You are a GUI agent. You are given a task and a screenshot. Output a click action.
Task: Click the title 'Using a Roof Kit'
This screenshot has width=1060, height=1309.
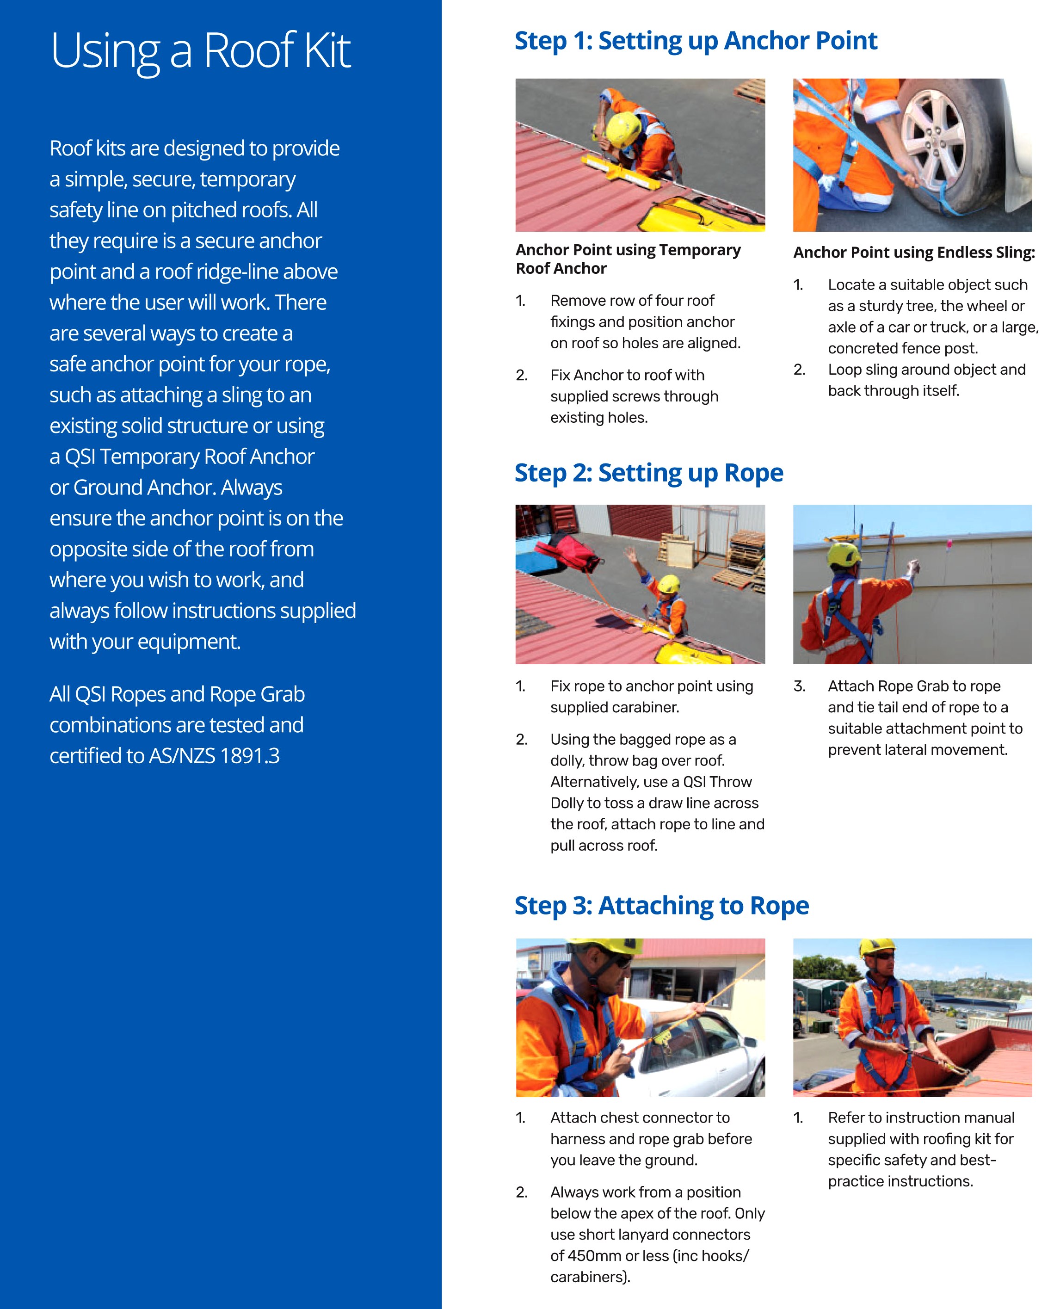tap(200, 51)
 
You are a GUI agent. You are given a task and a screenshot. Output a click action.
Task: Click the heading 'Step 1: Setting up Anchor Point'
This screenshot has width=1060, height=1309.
tap(696, 41)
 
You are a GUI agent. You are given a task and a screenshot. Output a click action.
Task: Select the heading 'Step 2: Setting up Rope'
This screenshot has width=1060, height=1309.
tap(648, 473)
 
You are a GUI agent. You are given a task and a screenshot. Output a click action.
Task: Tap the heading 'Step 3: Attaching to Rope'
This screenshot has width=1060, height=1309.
tap(661, 906)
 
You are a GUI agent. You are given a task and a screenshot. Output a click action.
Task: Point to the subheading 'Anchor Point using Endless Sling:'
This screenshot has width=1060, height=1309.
tap(913, 253)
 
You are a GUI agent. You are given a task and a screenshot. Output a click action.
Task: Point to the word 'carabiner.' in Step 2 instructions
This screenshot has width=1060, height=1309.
tap(646, 708)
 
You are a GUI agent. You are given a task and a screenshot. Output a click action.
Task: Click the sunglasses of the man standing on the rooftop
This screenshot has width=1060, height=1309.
tap(883, 956)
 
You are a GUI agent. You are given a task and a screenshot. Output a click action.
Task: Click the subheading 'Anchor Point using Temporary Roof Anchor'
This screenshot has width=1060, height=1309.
tap(628, 259)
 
